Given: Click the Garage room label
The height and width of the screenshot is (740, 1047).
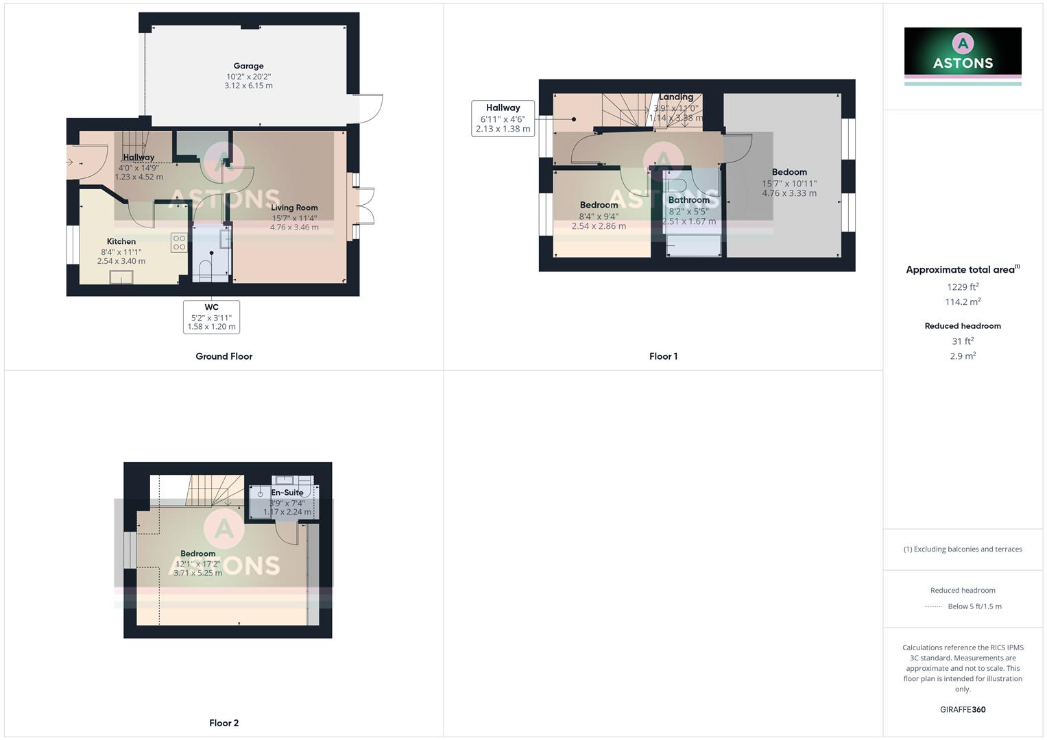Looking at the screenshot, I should [x=248, y=66].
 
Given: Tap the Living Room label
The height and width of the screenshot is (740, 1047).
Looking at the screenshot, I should [x=294, y=208].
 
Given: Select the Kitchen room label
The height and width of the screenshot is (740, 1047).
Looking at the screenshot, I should [x=121, y=241].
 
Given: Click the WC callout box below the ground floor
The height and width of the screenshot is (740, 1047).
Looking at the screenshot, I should [x=211, y=317].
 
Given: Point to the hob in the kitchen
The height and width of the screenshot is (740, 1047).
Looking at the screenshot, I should [x=179, y=243].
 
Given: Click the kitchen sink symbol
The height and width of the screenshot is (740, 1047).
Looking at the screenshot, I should [x=121, y=277].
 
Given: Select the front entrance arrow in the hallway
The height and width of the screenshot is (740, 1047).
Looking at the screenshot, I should [x=69, y=162].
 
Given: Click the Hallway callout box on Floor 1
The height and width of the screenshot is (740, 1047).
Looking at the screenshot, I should [x=503, y=118].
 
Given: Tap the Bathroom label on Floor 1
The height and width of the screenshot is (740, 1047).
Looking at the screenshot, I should [x=688, y=200].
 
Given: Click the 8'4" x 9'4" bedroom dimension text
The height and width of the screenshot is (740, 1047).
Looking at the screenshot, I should [x=599, y=216].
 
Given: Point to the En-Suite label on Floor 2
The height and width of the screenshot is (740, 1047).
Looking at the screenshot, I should [x=287, y=493].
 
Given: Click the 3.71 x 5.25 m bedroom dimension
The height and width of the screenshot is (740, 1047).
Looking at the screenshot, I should [x=197, y=573].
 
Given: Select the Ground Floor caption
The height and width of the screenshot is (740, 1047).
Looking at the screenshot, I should [x=224, y=356].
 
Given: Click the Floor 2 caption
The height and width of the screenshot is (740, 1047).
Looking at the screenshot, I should [x=224, y=723].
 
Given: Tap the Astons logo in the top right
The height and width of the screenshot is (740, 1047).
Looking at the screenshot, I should [x=962, y=52].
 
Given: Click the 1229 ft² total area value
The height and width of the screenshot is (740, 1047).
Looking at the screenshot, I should [x=962, y=287].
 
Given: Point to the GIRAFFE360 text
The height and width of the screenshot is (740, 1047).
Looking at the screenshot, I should [x=962, y=709].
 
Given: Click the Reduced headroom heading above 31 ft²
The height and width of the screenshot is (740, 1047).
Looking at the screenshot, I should [x=962, y=326].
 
